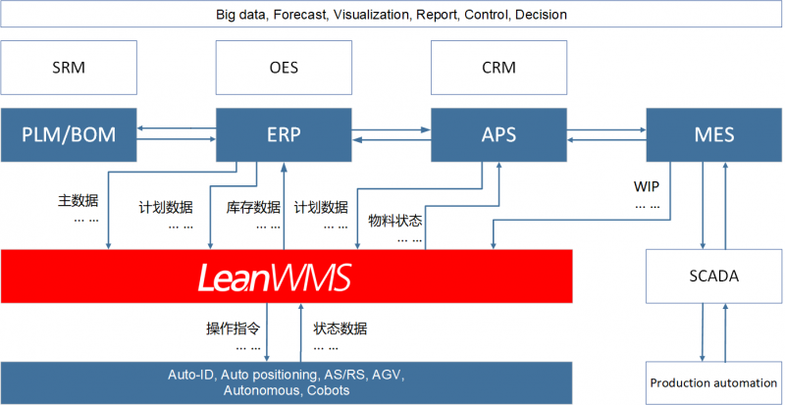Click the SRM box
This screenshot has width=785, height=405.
click(x=69, y=67)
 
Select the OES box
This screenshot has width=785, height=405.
click(x=284, y=67)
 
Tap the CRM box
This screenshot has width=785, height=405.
click(x=499, y=67)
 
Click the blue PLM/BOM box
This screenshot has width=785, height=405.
click(x=69, y=134)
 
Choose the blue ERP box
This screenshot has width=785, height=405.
click(x=284, y=134)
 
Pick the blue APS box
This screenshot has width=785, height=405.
click(x=499, y=134)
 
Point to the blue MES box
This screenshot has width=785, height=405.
click(x=714, y=134)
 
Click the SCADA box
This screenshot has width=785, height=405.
click(x=714, y=277)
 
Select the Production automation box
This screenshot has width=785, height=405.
click(x=714, y=383)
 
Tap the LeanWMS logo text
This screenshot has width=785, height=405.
click(x=275, y=277)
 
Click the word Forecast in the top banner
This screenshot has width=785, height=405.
click(x=299, y=15)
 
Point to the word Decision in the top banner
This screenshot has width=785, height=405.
click(x=541, y=15)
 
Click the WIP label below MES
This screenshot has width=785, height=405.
click(x=647, y=187)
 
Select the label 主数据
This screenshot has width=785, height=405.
click(x=78, y=201)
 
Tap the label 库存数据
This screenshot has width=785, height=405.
click(x=253, y=207)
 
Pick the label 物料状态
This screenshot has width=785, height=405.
click(x=395, y=220)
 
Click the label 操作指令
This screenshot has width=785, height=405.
click(x=234, y=329)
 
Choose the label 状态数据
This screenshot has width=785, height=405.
click(x=340, y=329)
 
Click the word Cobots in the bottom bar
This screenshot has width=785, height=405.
click(x=329, y=390)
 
